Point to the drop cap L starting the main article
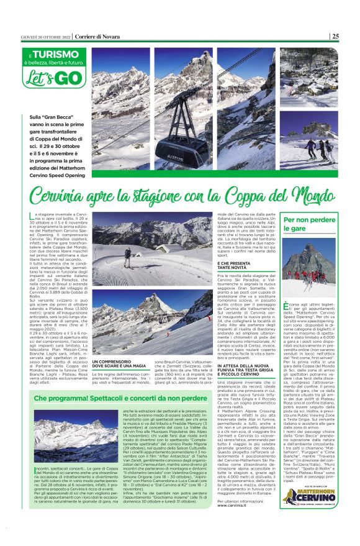pyautogui.click(x=32, y=214)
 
